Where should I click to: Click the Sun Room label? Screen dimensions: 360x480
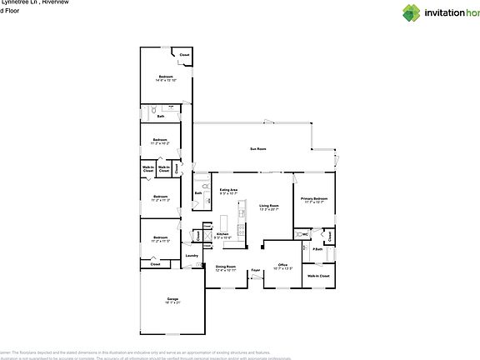[257, 149]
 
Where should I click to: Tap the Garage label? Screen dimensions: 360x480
[172, 298]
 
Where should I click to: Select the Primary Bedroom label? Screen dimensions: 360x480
[315, 198]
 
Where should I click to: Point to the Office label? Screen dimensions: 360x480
[282, 264]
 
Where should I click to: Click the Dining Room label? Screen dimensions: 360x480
[226, 267]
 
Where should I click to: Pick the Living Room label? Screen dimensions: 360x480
[267, 205]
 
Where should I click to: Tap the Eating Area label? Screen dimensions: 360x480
[228, 190]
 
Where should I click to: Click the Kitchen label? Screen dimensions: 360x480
[222, 234]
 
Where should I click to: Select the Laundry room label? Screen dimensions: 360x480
[191, 256]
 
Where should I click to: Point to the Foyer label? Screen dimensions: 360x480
[256, 270]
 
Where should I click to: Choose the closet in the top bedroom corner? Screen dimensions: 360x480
[184, 55]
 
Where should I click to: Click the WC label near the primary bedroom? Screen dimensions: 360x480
[306, 234]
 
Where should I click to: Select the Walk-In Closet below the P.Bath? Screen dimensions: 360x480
[317, 275]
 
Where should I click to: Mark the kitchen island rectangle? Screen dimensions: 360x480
[223, 223]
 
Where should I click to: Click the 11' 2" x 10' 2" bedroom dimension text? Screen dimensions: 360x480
[159, 143]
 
